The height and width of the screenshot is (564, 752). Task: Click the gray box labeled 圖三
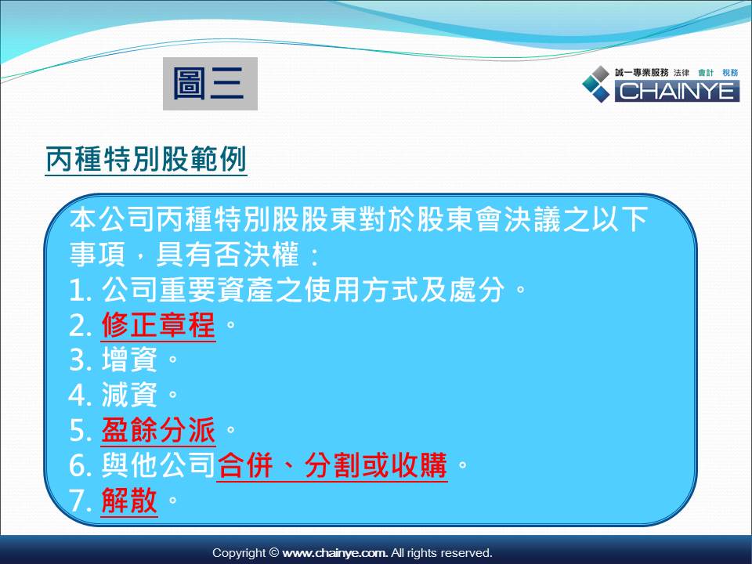(x=210, y=84)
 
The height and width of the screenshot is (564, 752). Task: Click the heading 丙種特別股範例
(x=146, y=159)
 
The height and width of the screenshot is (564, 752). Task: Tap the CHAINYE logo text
(x=677, y=91)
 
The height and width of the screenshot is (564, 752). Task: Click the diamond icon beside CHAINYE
(x=596, y=84)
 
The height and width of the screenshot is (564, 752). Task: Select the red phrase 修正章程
(x=158, y=324)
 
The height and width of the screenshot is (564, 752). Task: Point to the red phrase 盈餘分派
(x=158, y=429)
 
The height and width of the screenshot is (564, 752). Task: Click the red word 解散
(x=129, y=500)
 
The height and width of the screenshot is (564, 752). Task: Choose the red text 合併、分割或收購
(x=332, y=465)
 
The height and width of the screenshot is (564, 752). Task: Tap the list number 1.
(x=80, y=291)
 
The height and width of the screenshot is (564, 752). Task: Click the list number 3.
(x=80, y=360)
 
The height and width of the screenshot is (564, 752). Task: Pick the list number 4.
(x=80, y=395)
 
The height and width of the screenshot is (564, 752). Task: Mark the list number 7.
(x=80, y=501)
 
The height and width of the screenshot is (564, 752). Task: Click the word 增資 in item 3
(x=129, y=360)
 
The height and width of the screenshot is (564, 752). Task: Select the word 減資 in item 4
(x=129, y=395)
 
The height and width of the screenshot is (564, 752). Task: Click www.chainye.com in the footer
(x=334, y=553)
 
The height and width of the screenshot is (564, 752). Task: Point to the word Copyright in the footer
(x=239, y=553)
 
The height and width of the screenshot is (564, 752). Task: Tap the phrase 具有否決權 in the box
(x=227, y=254)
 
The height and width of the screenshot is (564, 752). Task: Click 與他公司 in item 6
(x=157, y=465)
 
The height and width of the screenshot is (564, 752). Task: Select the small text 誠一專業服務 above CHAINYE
(x=642, y=72)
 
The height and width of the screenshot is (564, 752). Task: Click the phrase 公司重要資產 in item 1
(x=187, y=290)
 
